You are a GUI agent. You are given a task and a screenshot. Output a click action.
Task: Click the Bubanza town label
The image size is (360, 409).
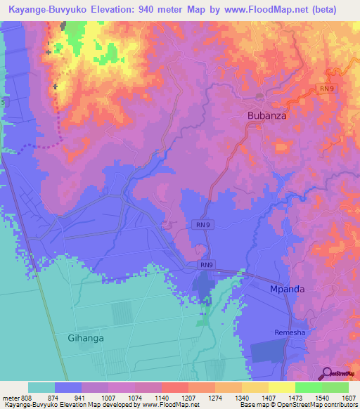pyautogui.click(x=266, y=115)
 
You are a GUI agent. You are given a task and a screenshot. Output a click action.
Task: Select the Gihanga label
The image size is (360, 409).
pyautogui.click(x=86, y=338)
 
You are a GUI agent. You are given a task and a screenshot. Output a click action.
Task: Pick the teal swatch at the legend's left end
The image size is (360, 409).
pyautogui.click(x=41, y=387)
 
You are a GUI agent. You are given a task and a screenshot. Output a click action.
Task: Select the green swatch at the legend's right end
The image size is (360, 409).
pyautogui.click(x=335, y=387)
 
